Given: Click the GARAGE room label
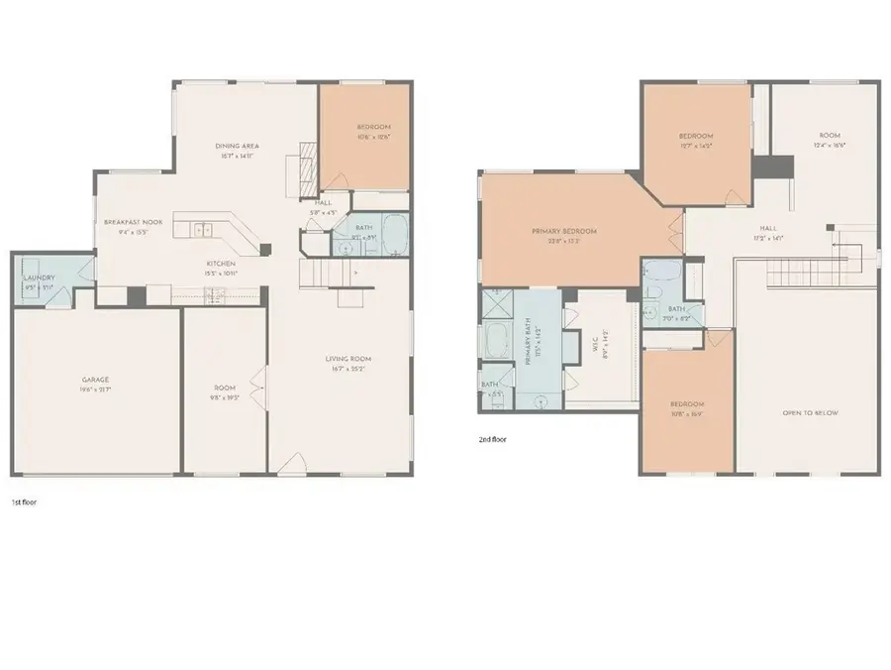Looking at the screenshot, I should pyautogui.click(x=95, y=380).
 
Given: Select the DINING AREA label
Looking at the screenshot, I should pyautogui.click(x=238, y=147).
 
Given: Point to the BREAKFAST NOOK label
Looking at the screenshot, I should pyautogui.click(x=134, y=222).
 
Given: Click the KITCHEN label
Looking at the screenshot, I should pyautogui.click(x=221, y=264).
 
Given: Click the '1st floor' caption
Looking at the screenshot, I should pyautogui.click(x=24, y=502).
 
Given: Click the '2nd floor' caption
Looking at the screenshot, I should pyautogui.click(x=492, y=438).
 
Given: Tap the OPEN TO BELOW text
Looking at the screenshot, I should pyautogui.click(x=809, y=412).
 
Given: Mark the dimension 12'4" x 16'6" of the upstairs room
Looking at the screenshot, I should pyautogui.click(x=829, y=145).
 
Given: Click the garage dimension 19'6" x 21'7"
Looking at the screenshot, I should pyautogui.click(x=95, y=389).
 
